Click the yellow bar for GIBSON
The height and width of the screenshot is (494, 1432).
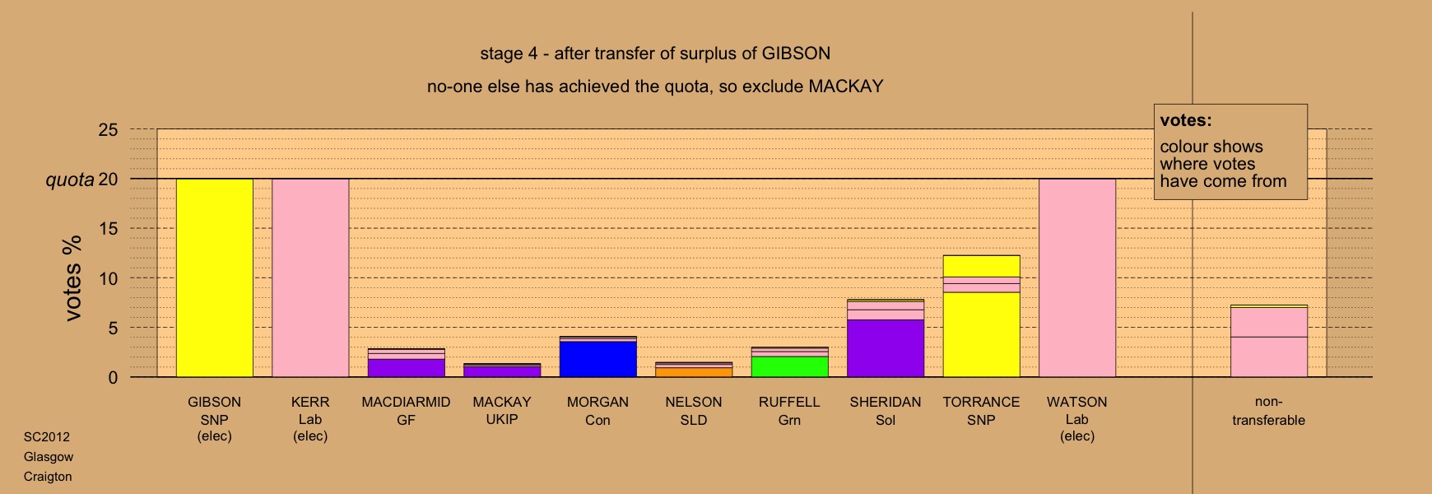click(215, 278)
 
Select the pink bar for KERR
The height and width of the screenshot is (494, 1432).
click(310, 278)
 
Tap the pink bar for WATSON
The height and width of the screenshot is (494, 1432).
click(1077, 278)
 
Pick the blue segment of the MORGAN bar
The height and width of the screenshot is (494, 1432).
click(597, 359)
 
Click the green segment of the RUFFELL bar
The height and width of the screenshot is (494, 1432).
click(789, 366)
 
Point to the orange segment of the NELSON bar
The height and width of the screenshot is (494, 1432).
click(694, 372)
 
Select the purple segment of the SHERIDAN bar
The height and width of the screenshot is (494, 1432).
click(886, 348)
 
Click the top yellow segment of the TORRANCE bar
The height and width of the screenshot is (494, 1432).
click(981, 266)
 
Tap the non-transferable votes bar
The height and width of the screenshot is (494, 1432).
click(1269, 341)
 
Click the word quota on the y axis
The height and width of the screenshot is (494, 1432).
click(70, 179)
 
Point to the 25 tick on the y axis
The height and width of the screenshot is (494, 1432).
click(109, 130)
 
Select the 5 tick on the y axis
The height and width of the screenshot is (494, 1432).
click(114, 328)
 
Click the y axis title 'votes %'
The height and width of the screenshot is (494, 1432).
click(73, 278)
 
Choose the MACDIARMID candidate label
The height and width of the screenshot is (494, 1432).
click(406, 402)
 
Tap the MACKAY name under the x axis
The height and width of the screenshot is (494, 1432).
click(502, 402)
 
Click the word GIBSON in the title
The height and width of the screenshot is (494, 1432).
click(796, 54)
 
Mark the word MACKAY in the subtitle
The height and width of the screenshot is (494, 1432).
click(846, 86)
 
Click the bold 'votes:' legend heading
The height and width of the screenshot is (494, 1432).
click(1186, 120)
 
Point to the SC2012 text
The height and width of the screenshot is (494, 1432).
click(47, 437)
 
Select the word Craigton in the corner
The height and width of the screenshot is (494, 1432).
click(48, 477)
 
